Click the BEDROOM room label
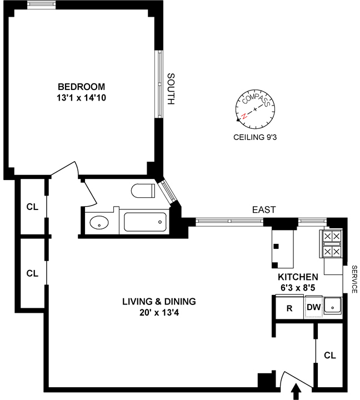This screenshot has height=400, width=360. click(82, 87)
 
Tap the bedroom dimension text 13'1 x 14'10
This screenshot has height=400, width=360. click(82, 98)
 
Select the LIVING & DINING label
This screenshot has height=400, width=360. click(159, 302)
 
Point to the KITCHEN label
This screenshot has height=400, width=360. click(298, 277)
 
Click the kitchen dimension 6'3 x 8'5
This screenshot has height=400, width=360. click(298, 288)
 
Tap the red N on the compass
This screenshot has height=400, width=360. click(244, 116)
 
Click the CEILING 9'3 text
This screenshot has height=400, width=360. click(255, 137)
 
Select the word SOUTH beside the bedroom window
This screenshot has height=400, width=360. click(171, 89)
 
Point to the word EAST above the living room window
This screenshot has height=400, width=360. click(264, 209)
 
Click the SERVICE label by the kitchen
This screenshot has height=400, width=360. click(354, 279)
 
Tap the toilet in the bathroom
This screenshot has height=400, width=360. click(143, 191)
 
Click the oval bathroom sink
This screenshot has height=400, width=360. click(99, 223)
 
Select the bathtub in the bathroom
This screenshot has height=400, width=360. click(145, 222)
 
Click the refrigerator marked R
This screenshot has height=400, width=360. click(289, 307)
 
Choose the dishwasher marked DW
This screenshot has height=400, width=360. click(313, 307)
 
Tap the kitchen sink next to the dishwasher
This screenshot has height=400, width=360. click(332, 305)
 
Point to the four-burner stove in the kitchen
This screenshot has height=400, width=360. click(332, 244)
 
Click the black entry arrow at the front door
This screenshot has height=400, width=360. click(296, 391)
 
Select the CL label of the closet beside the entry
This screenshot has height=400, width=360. click(330, 356)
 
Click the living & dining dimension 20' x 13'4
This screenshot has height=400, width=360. click(159, 312)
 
